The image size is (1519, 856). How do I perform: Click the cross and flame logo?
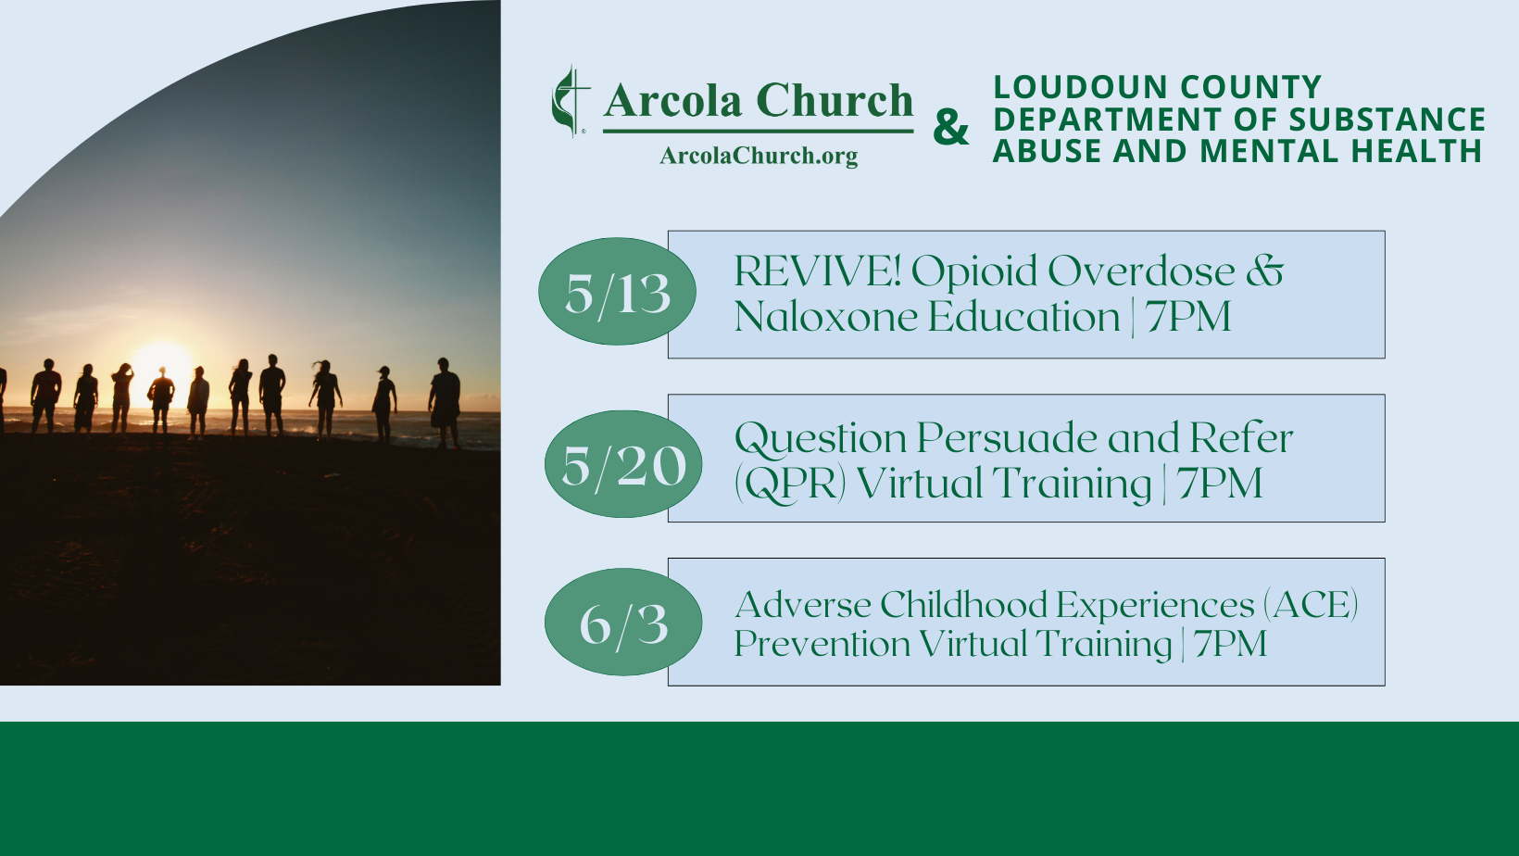[571, 101]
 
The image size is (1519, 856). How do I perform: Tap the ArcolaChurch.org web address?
[759, 156]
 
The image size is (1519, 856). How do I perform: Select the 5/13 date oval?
[617, 291]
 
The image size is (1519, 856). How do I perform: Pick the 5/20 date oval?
[623, 464]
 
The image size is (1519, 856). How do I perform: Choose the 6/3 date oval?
[623, 622]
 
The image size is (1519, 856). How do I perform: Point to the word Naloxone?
[825, 316]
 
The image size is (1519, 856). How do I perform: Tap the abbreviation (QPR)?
[791, 484]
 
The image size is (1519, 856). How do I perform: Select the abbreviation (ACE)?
[1311, 604]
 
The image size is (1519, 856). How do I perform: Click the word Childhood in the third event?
[963, 604]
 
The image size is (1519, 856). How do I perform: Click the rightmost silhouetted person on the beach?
[445, 403]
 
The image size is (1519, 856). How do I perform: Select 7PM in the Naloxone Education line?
[1188, 316]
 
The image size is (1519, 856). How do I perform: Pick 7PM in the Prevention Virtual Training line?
[1230, 643]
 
